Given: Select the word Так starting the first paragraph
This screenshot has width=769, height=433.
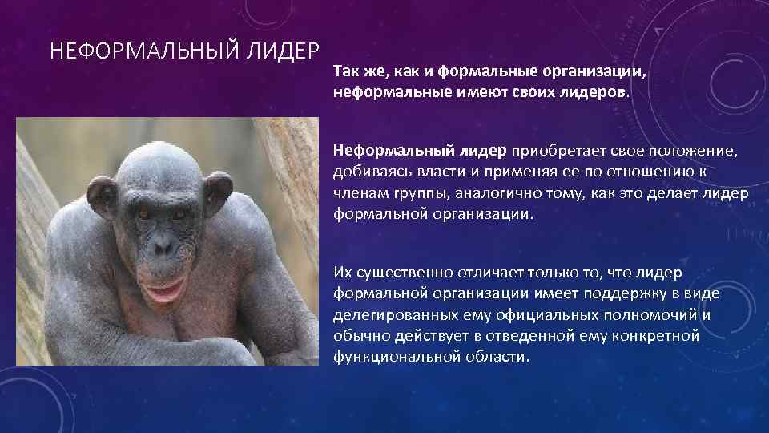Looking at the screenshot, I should pyautogui.click(x=346, y=73).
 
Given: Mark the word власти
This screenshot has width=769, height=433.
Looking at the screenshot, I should pyautogui.click(x=435, y=172).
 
